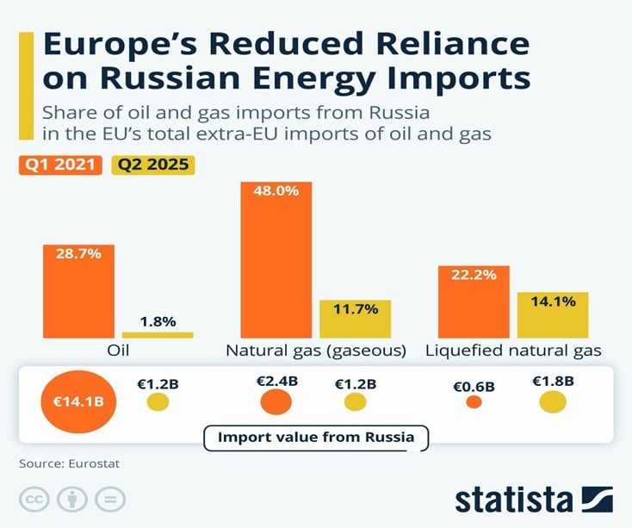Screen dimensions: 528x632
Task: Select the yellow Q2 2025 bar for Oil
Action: click(x=158, y=335)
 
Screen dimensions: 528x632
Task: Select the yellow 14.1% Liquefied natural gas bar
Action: click(x=553, y=315)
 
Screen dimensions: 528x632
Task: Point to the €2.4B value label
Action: click(x=276, y=379)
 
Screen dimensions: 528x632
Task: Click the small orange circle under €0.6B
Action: click(x=474, y=401)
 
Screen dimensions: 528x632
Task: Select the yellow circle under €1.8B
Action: click(x=553, y=401)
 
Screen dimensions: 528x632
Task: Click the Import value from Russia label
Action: click(x=316, y=438)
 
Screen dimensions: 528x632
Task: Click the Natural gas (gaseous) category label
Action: click(x=315, y=351)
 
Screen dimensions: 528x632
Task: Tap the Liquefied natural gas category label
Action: click(x=514, y=351)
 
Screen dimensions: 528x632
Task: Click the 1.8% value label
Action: click(x=158, y=321)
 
